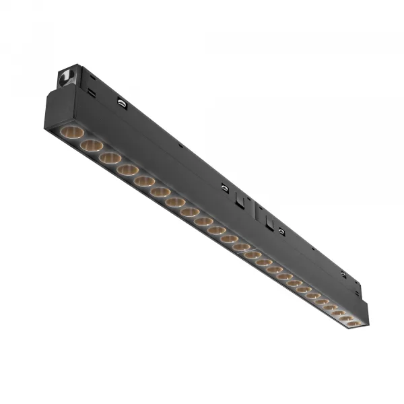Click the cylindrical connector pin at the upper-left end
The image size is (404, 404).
click(67, 77)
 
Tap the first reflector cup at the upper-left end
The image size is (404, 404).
click(71, 131)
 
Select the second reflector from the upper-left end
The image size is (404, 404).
click(91, 145)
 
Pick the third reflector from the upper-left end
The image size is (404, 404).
click(110, 158)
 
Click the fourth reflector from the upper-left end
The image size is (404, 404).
click(127, 170)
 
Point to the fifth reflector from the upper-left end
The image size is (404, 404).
click(143, 181)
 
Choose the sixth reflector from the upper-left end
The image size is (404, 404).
click(160, 192)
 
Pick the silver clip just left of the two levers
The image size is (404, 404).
click(225, 189)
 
